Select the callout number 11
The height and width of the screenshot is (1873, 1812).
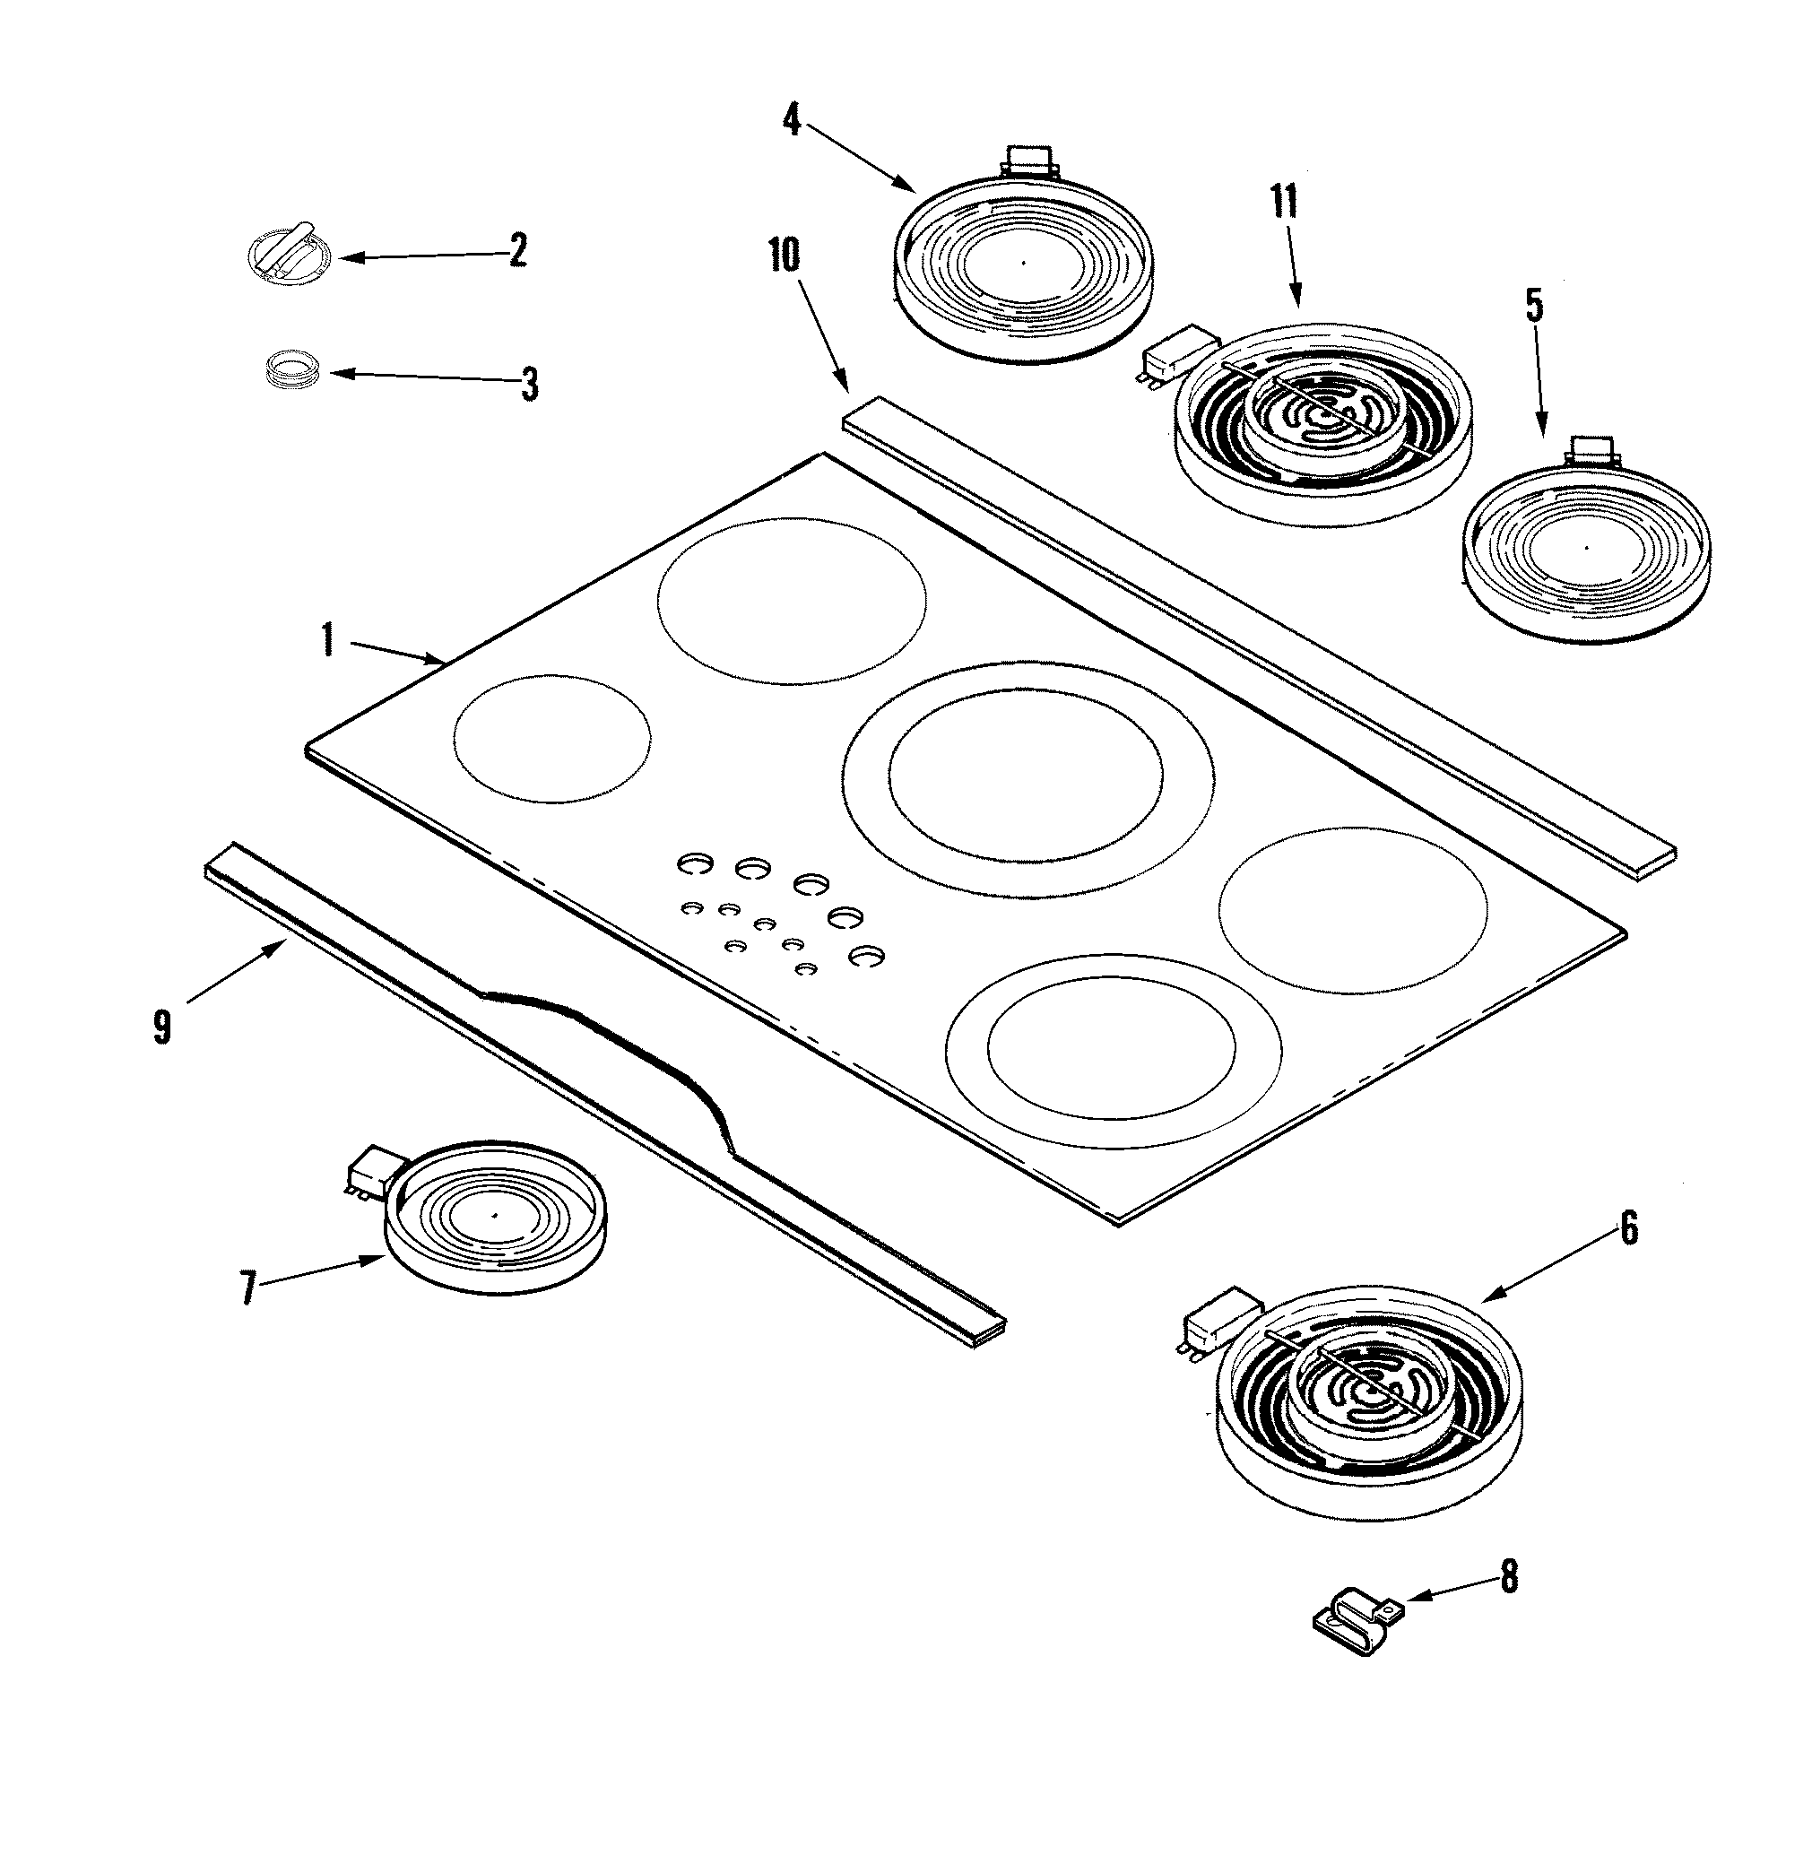pos(1285,203)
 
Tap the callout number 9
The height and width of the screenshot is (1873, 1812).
pos(161,1028)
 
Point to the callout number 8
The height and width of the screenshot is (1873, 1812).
pos(1508,1578)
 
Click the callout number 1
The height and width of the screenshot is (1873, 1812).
pos(328,639)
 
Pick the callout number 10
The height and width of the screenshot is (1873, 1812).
pos(784,256)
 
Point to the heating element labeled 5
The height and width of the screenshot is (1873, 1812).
pos(1586,550)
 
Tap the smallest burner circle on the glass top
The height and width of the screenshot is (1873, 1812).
pos(551,739)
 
